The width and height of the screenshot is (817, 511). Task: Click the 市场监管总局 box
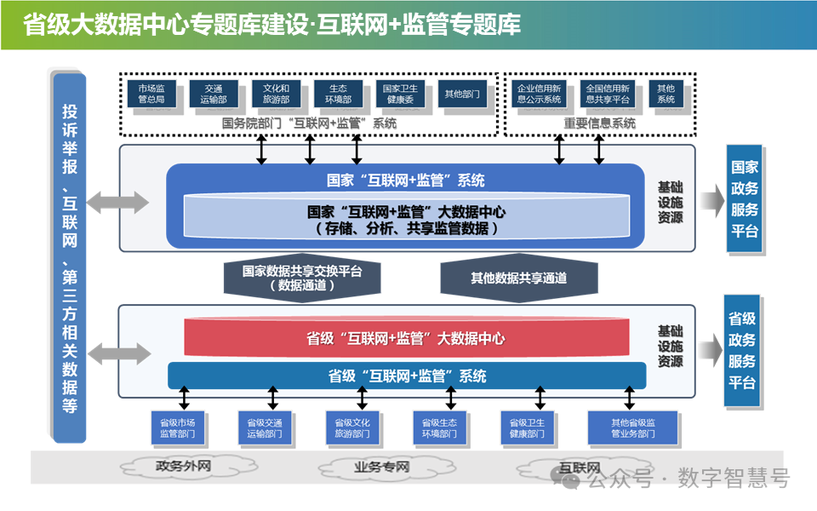151,94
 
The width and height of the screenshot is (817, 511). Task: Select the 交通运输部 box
214,94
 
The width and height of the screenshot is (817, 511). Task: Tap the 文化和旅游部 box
277,94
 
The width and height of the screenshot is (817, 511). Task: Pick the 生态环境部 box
339,94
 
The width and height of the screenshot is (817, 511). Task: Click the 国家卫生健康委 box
400,94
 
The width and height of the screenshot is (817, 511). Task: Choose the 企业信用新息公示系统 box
540,94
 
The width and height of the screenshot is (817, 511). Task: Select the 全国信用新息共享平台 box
608,94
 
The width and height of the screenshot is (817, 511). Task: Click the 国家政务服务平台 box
745,199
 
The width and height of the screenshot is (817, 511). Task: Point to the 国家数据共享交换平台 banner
302,278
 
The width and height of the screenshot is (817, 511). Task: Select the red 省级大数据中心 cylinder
406,338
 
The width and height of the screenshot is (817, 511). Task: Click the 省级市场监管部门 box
178,428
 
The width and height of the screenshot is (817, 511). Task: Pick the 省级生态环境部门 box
440,428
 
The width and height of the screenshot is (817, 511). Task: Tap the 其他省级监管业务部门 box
632,428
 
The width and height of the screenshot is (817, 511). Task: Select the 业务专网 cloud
381,467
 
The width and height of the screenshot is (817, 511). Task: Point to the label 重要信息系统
599,123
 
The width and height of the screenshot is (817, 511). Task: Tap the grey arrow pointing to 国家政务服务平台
711,199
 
